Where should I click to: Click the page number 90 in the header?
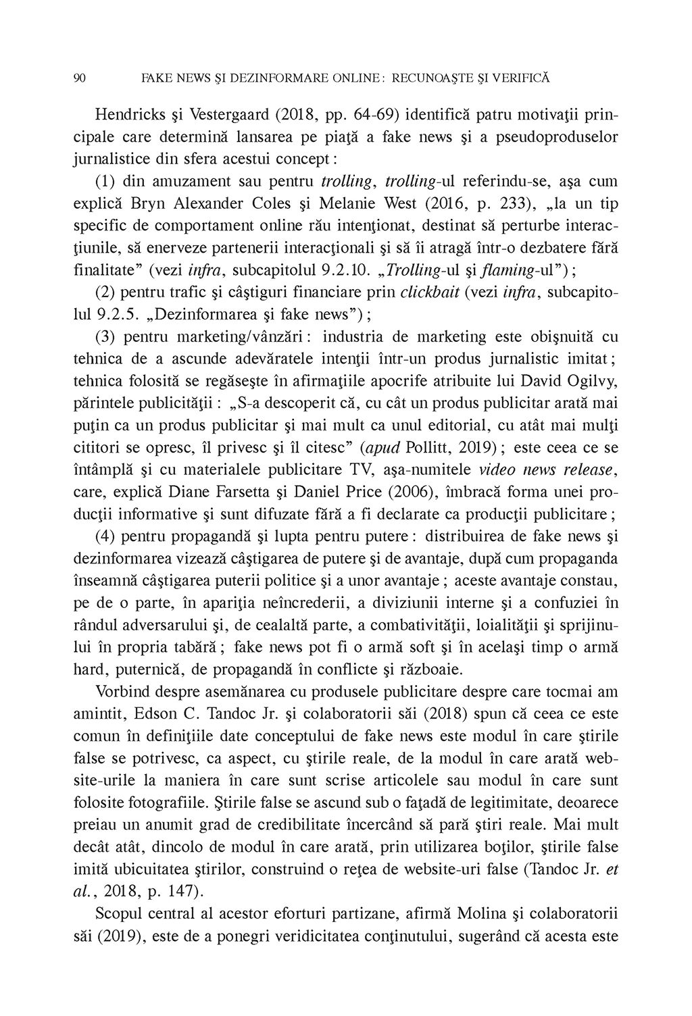(78, 78)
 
